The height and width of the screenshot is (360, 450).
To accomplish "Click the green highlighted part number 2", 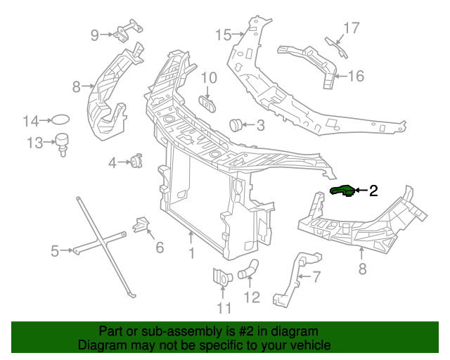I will [x=342, y=190].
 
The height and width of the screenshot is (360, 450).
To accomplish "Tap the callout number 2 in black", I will [x=373, y=190].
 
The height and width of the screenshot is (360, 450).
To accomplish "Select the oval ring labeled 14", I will [x=62, y=121].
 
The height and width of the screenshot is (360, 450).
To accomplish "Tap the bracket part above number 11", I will [x=220, y=277].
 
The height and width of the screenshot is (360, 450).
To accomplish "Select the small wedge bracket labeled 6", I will [x=141, y=226].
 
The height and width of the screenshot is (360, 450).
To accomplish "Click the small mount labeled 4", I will [x=135, y=162].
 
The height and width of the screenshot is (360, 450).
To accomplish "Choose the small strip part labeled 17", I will [x=335, y=46].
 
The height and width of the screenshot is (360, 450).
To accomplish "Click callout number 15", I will [x=223, y=34].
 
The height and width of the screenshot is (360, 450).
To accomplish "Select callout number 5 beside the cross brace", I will [x=54, y=250].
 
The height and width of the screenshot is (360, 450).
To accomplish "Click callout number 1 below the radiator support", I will [x=191, y=252].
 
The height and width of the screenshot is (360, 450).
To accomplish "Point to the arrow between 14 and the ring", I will [x=46, y=121].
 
